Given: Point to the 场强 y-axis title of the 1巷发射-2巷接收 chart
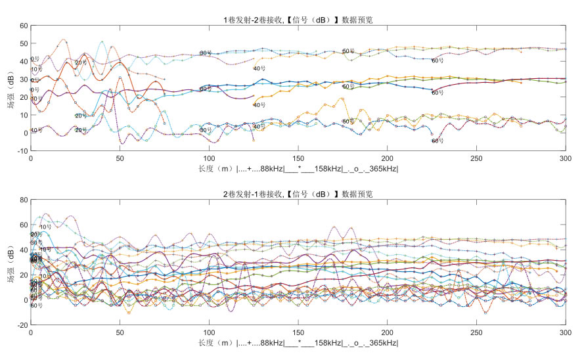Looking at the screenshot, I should point(11,88).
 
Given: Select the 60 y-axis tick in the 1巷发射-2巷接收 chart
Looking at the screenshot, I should point(23,26).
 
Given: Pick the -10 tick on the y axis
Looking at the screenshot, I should point(22,151).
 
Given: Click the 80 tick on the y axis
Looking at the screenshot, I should point(23,200).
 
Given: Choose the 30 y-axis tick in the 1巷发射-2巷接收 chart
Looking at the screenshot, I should point(23,79).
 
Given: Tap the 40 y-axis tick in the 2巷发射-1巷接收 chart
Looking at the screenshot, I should point(23,250).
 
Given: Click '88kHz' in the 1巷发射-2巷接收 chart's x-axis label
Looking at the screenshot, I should point(270,169).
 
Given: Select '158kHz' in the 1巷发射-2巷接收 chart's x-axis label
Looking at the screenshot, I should point(326,169).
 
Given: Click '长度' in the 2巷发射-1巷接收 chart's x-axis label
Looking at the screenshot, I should point(206,343).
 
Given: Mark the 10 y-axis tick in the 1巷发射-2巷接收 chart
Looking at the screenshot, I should point(23,115).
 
